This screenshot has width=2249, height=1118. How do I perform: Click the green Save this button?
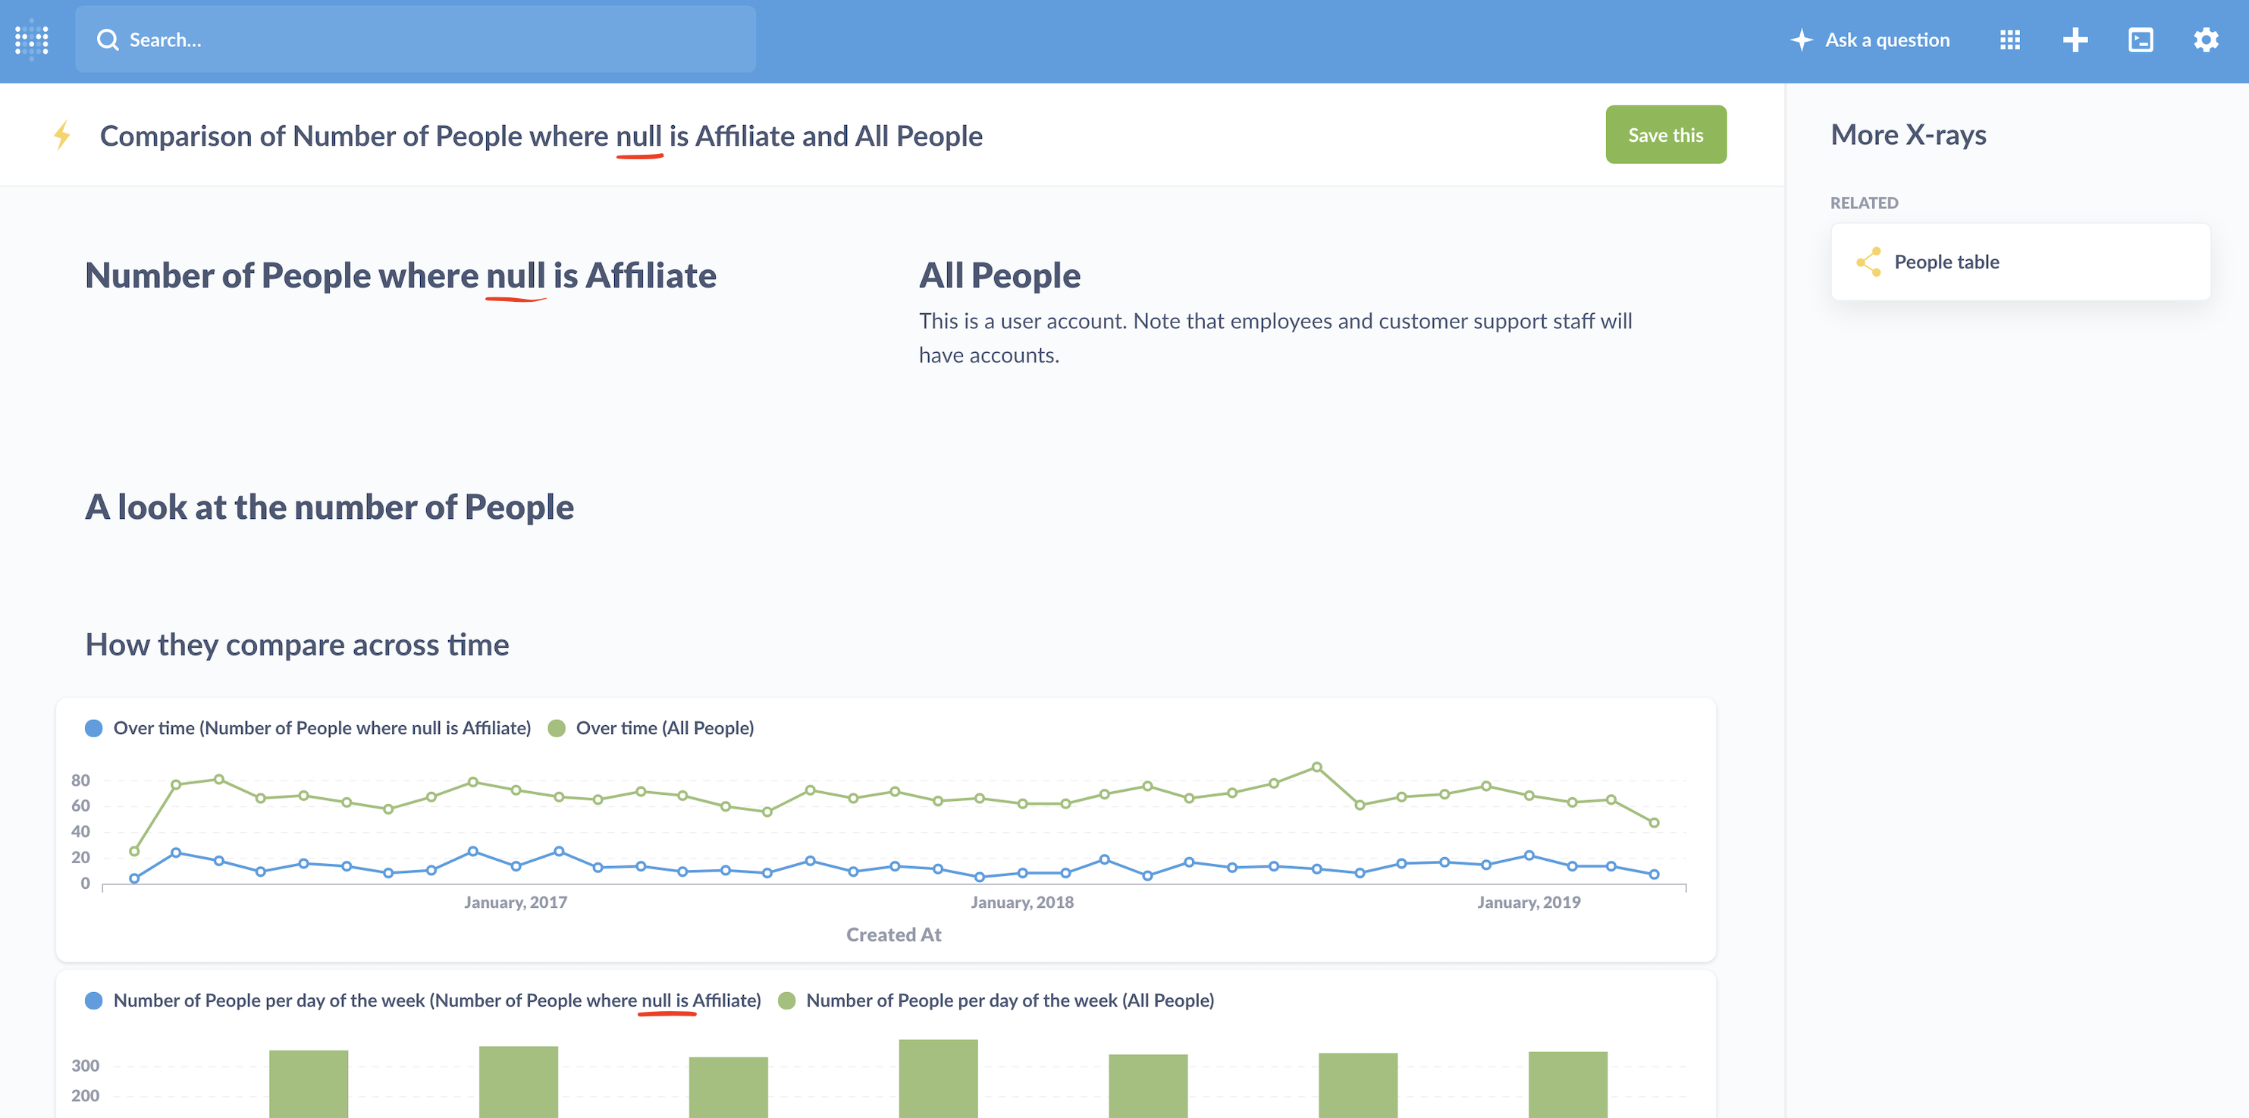[x=1665, y=134]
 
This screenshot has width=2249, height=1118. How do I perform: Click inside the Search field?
[x=415, y=40]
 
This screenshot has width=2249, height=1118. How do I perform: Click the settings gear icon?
[x=2205, y=40]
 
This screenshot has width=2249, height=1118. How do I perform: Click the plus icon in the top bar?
[x=2075, y=40]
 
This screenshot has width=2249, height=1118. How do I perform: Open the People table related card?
[x=2019, y=262]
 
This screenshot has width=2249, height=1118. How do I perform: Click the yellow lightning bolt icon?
[x=62, y=135]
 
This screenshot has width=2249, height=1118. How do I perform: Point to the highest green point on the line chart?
[x=1316, y=768]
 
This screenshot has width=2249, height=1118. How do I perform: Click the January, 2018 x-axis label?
[x=1021, y=903]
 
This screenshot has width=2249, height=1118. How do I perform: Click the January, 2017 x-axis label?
[x=515, y=903]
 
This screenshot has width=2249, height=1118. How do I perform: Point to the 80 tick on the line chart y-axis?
[x=80, y=780]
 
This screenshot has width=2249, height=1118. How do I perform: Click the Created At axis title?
[x=893, y=934]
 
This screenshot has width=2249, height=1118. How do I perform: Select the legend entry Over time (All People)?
[x=663, y=728]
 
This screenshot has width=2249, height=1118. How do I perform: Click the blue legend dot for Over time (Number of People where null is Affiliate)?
[x=93, y=728]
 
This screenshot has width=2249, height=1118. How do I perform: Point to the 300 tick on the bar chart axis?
[x=85, y=1066]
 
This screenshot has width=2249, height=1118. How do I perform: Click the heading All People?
[x=999, y=276]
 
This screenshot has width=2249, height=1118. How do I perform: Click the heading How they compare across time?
[x=296, y=645]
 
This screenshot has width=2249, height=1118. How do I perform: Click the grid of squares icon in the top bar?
[x=2010, y=40]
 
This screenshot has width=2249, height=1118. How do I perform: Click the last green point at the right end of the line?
[x=1654, y=823]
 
